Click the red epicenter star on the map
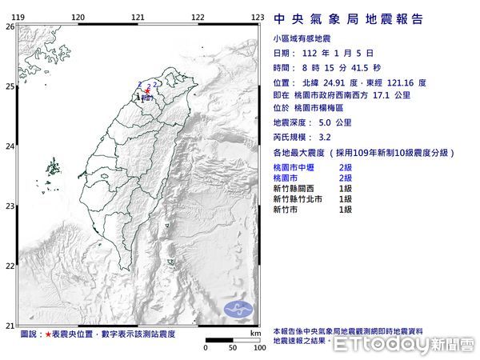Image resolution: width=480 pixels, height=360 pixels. pos(147,91)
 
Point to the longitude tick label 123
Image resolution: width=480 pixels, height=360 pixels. pos(258,17)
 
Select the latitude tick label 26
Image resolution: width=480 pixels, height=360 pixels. pos(10,26)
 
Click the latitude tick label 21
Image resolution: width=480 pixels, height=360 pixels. pos(10,326)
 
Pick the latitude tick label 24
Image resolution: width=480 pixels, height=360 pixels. pos(10,146)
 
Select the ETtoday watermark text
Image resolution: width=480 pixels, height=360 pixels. pos(404,344)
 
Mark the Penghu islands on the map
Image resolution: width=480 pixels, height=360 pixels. pos(54,168)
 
